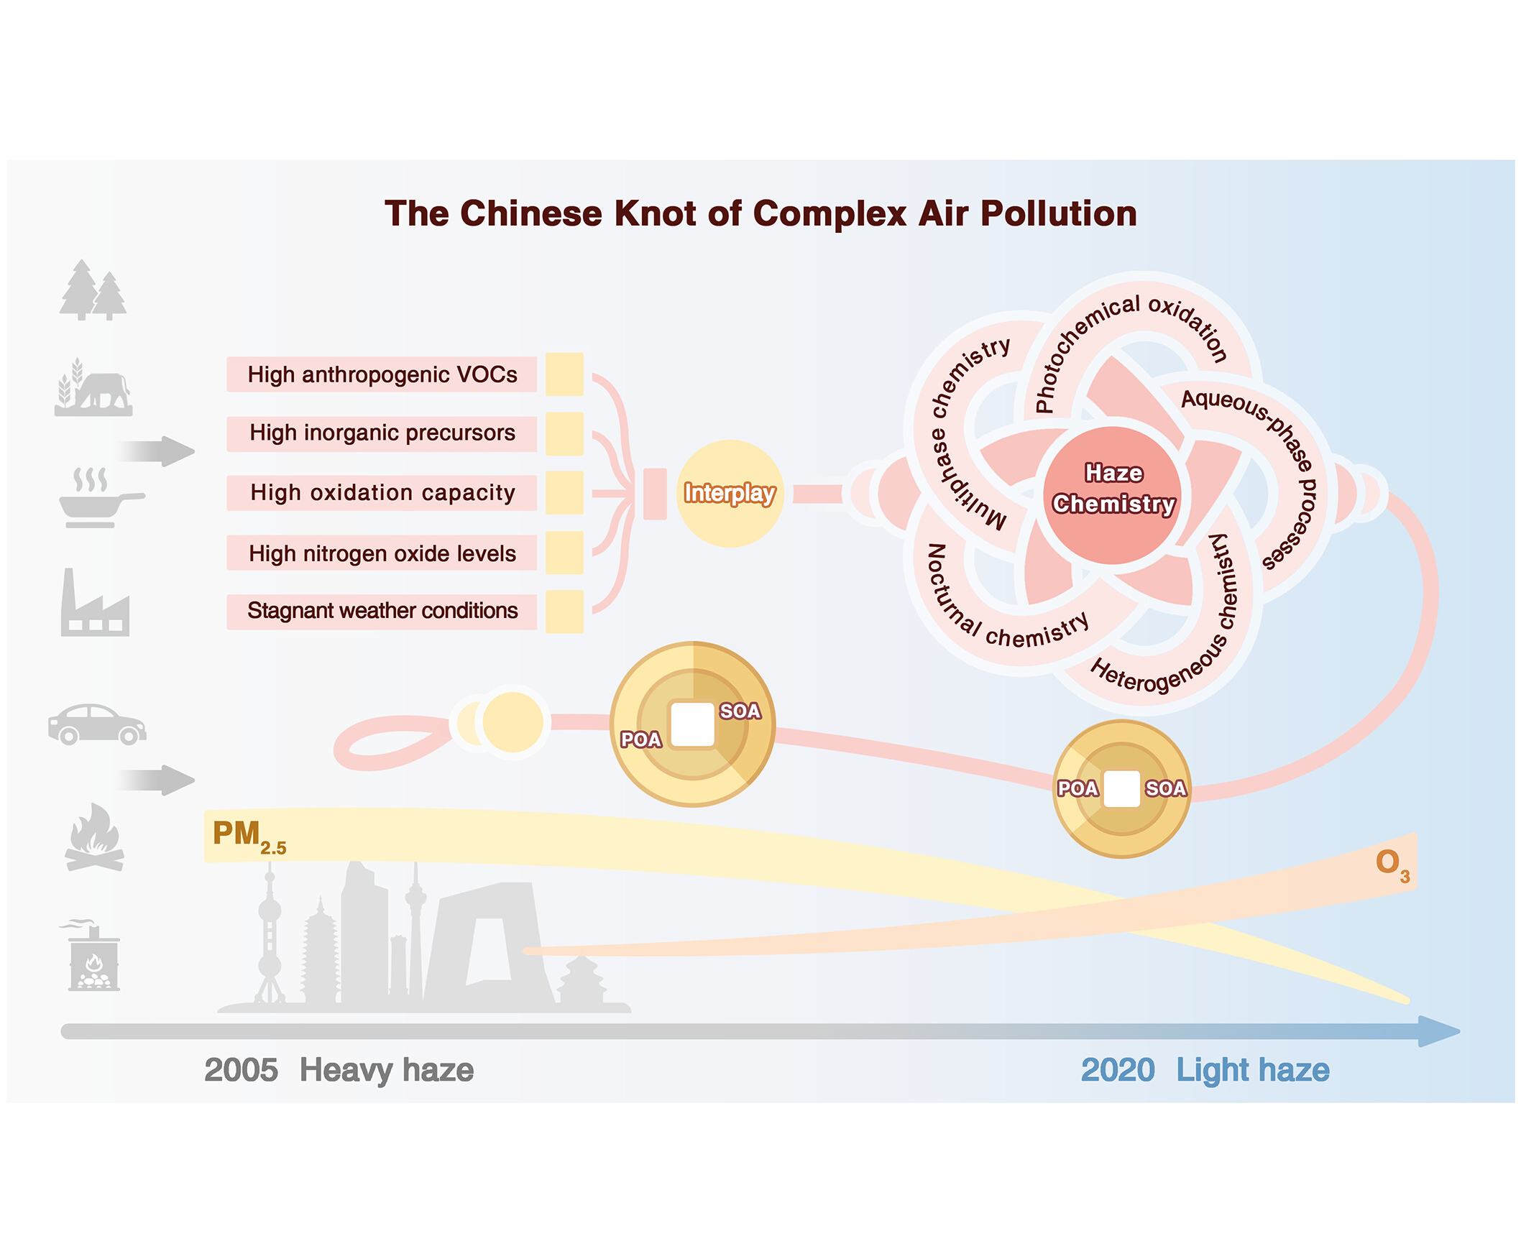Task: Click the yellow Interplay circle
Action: [x=729, y=494]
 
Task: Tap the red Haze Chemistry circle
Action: [x=1113, y=495]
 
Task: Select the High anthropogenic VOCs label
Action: [x=382, y=374]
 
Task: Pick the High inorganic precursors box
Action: [x=382, y=433]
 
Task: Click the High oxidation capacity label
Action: [x=382, y=493]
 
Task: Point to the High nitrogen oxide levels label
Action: [x=382, y=553]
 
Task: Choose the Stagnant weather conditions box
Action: [x=382, y=611]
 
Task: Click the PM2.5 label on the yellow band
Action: [x=249, y=836]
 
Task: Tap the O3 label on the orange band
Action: [x=1392, y=865]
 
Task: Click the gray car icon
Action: [x=97, y=724]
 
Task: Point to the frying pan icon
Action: [x=101, y=498]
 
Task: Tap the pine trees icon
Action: [x=93, y=290]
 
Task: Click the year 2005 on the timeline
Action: [x=241, y=1070]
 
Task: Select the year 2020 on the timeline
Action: [x=1117, y=1070]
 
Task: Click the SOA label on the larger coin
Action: [x=740, y=711]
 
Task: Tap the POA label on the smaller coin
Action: [x=1077, y=788]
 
